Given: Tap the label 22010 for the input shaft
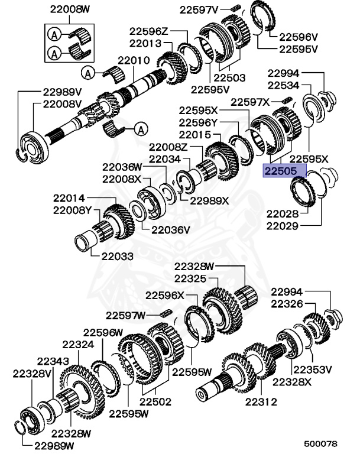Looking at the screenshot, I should pyautogui.click(x=134, y=60).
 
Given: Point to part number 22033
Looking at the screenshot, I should pyautogui.click(x=116, y=256).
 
